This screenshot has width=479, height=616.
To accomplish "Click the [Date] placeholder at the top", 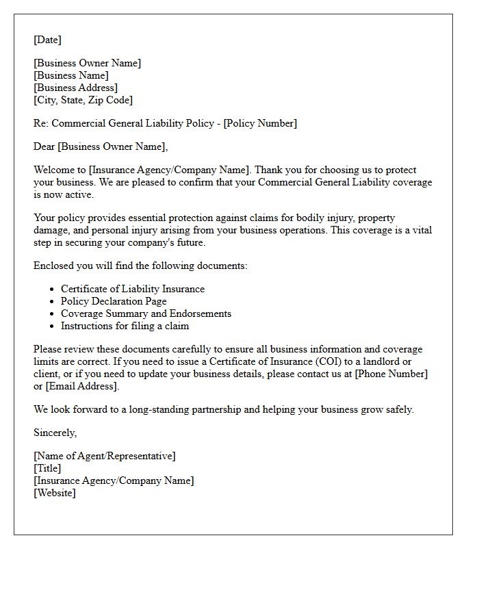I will point(47,40).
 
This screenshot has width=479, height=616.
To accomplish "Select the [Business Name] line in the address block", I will point(71,75).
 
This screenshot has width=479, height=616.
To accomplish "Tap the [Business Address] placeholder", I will point(75,88).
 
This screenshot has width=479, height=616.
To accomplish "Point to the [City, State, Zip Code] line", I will point(83,100).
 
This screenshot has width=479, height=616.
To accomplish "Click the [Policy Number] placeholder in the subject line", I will point(260,123).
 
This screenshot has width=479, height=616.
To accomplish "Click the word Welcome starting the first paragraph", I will point(54,170).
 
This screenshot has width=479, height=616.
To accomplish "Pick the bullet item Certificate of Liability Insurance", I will point(133,289).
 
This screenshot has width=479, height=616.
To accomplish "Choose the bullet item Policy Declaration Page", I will point(114,301).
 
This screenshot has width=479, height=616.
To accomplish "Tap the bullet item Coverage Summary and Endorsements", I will point(146,313).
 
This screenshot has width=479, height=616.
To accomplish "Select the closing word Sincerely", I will point(55,433).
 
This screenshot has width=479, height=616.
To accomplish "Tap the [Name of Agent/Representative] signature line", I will point(104,456).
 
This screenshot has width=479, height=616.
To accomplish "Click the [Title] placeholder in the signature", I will point(47,468).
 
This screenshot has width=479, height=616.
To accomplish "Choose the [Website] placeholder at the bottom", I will point(55,493).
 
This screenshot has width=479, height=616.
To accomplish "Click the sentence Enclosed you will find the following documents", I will point(140,266).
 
